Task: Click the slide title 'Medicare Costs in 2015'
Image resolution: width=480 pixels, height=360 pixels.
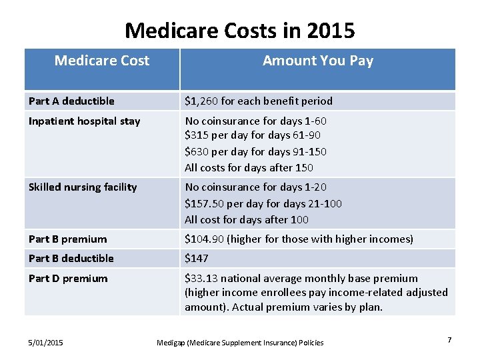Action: click(x=240, y=30)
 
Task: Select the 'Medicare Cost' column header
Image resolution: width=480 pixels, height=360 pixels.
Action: click(x=102, y=61)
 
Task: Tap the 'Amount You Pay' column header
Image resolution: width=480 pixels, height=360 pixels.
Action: click(x=317, y=61)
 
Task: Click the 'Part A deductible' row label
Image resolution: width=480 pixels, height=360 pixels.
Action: click(x=71, y=101)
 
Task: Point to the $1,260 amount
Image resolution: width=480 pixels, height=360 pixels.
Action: click(x=201, y=101)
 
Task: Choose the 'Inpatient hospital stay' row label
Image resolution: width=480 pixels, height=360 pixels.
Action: click(x=84, y=121)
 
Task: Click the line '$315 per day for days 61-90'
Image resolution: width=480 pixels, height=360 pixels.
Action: click(x=255, y=136)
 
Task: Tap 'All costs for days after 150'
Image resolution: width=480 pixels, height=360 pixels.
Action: click(x=249, y=168)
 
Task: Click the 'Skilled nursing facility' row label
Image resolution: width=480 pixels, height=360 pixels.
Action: click(x=83, y=187)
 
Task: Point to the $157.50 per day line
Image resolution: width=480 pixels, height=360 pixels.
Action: click(x=263, y=203)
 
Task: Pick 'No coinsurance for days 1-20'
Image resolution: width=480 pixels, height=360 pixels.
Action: click(x=255, y=187)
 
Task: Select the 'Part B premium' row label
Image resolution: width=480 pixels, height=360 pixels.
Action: click(x=67, y=239)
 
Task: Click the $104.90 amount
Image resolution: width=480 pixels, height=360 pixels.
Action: click(x=204, y=239)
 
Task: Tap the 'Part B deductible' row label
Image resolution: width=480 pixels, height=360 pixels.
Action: click(x=71, y=259)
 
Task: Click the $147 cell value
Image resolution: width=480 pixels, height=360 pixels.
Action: click(x=197, y=259)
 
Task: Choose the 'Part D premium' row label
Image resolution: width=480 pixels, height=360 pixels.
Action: click(x=68, y=279)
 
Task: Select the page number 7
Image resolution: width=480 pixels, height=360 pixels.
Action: click(x=449, y=341)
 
